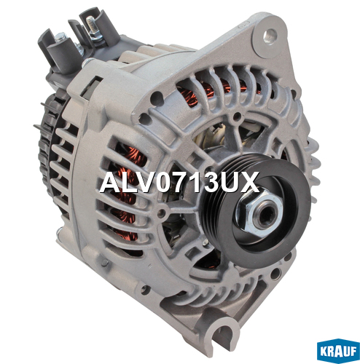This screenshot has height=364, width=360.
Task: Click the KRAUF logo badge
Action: tap(338, 351)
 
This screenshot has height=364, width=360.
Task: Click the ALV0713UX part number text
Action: tap(179, 182)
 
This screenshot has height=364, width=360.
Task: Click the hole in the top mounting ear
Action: tap(270, 36)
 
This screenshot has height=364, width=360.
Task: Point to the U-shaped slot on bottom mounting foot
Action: tap(224, 333)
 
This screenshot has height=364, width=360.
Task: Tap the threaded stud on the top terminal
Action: tap(90, 23)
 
